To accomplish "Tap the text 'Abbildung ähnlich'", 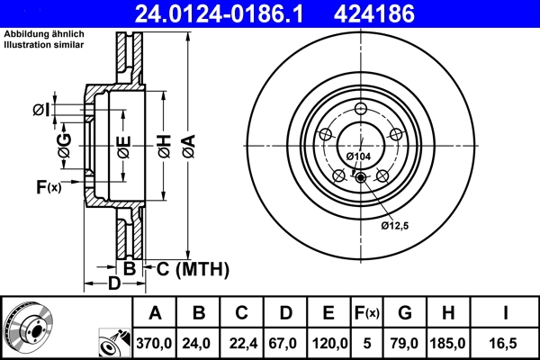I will click(x=42, y=34).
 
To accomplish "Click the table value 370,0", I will click(x=156, y=343).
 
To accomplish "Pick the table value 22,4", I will click(x=242, y=343).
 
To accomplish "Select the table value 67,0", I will click(x=285, y=343).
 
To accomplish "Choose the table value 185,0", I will click(x=448, y=343).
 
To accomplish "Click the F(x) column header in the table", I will click(x=365, y=313).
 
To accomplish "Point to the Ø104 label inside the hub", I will click(x=358, y=157).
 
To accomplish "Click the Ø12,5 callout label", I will click(x=395, y=224).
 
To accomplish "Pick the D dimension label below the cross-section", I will click(x=114, y=285).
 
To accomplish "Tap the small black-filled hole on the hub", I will click(x=361, y=177).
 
